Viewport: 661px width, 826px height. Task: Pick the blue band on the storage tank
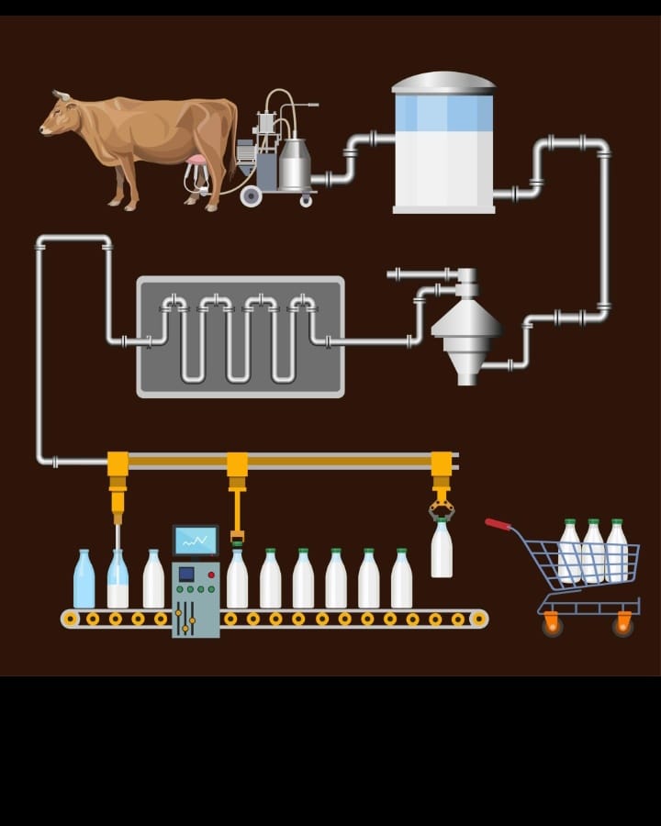[443, 113]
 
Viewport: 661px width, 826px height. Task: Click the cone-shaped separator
[466, 326]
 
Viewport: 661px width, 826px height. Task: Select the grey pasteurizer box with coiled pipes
[241, 337]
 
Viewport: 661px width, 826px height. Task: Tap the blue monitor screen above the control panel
[196, 541]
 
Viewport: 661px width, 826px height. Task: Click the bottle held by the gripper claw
[442, 549]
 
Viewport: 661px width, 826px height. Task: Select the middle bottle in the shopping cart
[593, 552]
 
